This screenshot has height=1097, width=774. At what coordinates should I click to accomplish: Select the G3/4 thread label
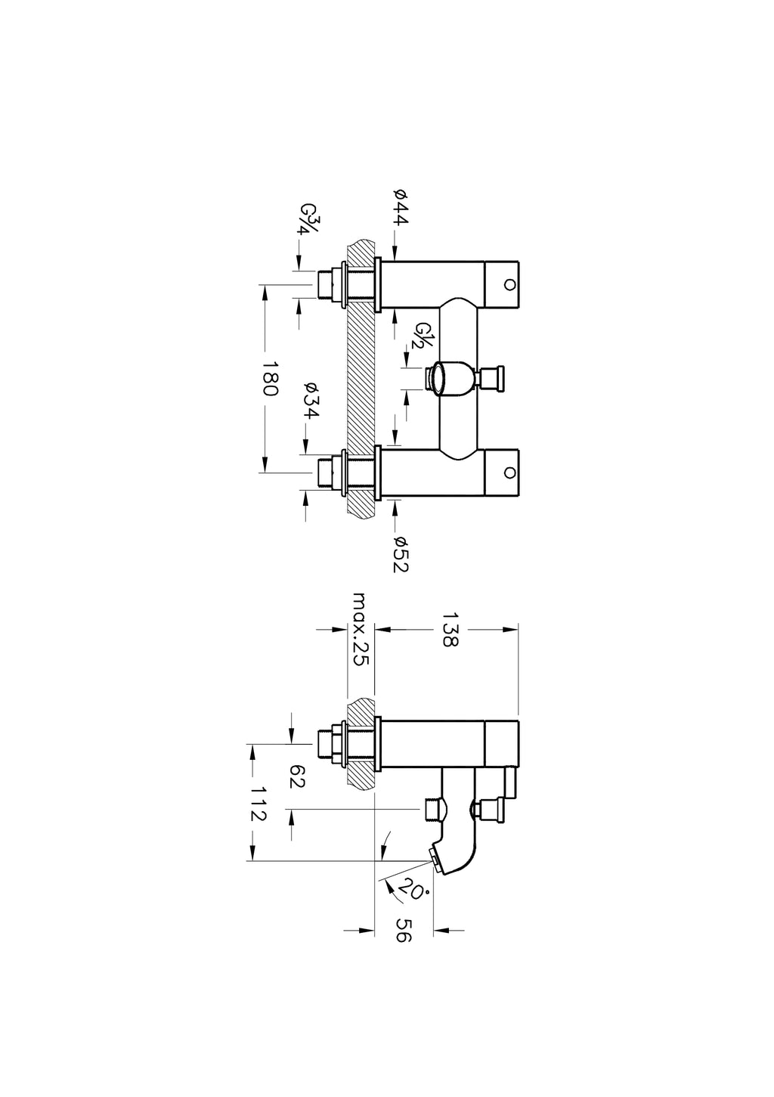coord(309,219)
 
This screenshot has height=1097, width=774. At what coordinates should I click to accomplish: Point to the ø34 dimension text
coord(311,400)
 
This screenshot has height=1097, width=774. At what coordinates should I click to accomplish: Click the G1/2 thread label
coord(420,336)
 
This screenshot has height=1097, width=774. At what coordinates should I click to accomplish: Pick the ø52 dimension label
coord(400,554)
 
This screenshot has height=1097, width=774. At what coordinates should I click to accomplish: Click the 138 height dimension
coord(450,630)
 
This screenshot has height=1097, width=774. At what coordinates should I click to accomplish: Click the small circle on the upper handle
coord(509,284)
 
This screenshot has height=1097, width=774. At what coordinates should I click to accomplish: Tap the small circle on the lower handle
coord(509,473)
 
